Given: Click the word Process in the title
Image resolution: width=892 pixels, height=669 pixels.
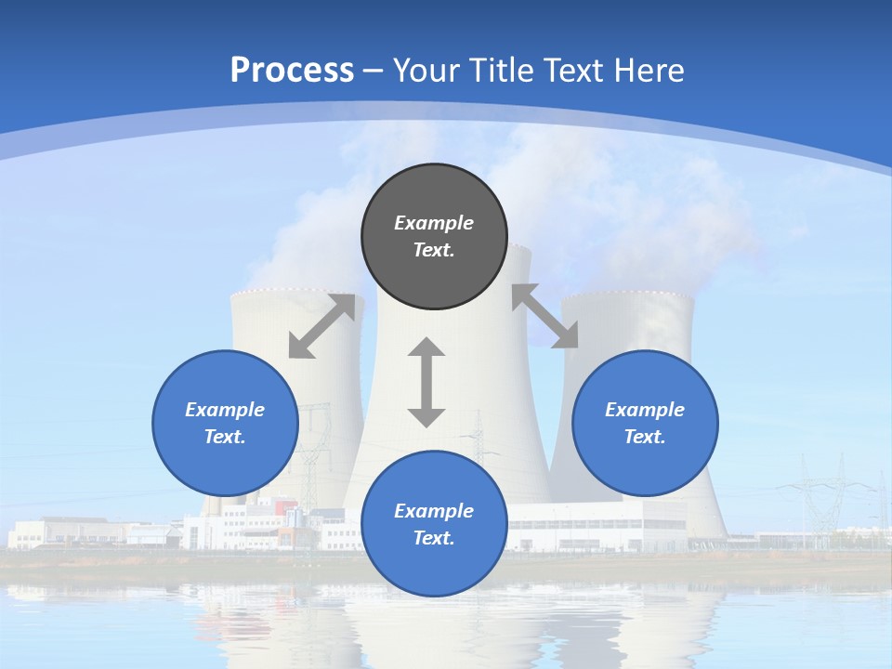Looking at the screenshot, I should click(292, 71).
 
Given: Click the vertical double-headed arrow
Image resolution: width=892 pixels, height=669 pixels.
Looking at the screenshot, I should click(426, 382).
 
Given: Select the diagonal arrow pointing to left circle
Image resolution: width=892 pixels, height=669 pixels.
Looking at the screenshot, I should click(321, 326).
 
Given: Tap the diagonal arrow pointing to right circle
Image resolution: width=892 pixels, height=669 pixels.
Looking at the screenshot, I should click(545, 316).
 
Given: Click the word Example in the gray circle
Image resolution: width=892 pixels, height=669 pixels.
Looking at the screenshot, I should click(434, 223).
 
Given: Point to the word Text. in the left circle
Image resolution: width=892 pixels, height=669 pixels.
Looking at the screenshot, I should click(225, 437).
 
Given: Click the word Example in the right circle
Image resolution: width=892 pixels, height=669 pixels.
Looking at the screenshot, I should click(645, 410).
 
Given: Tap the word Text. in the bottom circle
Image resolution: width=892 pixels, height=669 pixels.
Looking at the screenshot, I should click(434, 538).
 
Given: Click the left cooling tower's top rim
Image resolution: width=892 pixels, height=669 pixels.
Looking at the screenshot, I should click(279, 292).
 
